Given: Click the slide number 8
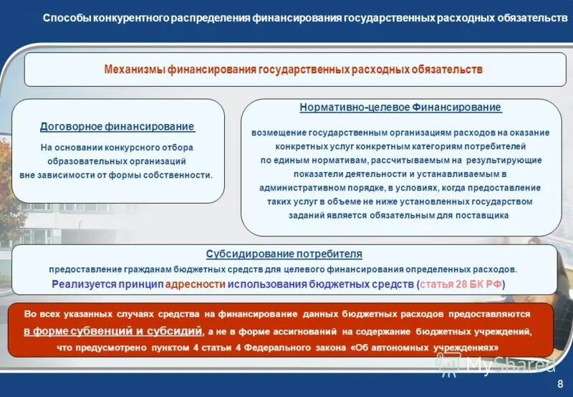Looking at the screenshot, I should tap(560, 383).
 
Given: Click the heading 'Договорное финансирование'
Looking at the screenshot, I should tap(117, 127).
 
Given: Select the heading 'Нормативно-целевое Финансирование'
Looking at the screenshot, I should tap(400, 107).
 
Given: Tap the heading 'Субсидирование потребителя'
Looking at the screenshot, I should tap(284, 254).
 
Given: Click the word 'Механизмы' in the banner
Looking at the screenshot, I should tap(134, 70).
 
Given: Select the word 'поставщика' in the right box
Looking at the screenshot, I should tap(484, 215).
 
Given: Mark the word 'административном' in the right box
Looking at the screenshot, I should tap(298, 188).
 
